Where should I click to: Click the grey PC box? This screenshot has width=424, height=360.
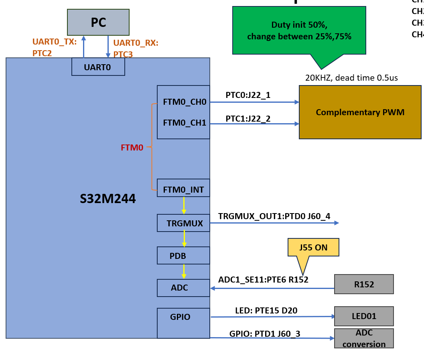(x=98, y=22)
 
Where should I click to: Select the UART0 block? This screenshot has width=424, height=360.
(x=98, y=67)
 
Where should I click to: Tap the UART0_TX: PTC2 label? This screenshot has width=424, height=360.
(x=54, y=47)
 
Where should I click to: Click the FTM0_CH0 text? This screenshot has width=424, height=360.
(x=185, y=102)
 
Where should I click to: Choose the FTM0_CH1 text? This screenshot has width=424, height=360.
(x=185, y=123)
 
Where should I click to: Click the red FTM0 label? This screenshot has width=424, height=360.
(x=132, y=148)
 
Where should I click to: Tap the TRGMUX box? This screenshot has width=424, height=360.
(x=183, y=223)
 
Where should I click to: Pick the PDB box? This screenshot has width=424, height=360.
(x=183, y=255)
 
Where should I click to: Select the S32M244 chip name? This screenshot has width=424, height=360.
(x=108, y=199)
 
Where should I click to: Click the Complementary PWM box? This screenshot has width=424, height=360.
(x=360, y=112)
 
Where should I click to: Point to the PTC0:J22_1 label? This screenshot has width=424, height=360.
(x=248, y=96)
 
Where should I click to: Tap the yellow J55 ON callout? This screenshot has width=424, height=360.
(x=313, y=248)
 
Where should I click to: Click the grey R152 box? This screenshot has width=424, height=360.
(x=364, y=285)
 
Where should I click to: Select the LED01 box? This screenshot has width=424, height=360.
(x=364, y=316)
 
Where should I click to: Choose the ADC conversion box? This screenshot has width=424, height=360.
(x=364, y=338)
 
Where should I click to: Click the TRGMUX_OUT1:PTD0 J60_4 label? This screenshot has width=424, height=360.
(x=274, y=216)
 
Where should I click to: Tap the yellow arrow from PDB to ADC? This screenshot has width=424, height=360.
(x=184, y=271)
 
